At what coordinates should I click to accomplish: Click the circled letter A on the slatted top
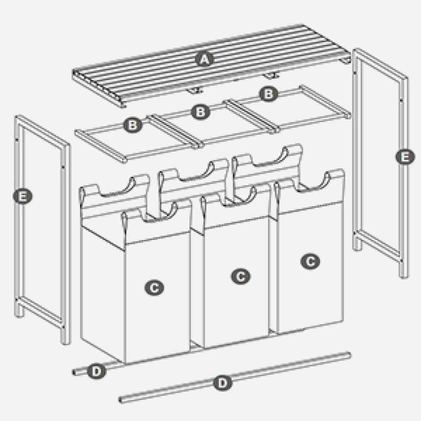click(205, 59)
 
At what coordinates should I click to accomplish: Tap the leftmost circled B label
click(133, 125)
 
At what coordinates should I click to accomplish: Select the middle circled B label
click(201, 112)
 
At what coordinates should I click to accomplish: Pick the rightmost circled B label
click(268, 94)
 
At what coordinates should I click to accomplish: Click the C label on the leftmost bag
click(154, 288)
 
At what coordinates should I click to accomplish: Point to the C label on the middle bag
click(241, 276)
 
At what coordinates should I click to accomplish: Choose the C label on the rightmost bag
click(310, 261)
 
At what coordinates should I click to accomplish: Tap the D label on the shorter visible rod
click(97, 372)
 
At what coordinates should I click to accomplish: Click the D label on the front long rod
click(223, 383)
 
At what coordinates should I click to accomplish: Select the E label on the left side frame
click(23, 196)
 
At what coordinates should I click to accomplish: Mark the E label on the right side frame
click(405, 157)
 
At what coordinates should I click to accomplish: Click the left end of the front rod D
click(121, 400)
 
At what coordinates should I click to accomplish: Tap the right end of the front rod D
click(348, 356)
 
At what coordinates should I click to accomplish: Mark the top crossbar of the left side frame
click(43, 130)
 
